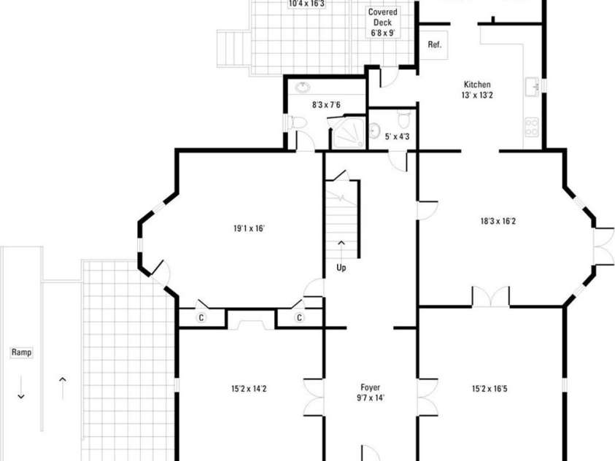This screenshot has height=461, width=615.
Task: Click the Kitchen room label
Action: pos(477,85)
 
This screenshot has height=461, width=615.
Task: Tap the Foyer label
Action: pos(371,388)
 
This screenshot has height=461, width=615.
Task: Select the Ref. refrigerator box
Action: pos(434,45)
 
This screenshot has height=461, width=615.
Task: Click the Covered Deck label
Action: pos(382,18)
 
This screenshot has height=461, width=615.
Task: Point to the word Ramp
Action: pos(22,352)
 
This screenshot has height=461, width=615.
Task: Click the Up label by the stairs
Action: pos(341,268)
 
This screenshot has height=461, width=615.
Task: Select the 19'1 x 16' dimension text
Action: pos(249,228)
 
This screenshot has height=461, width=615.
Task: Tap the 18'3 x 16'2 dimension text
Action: pos(498,221)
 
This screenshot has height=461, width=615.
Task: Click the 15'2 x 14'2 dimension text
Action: pos(249,389)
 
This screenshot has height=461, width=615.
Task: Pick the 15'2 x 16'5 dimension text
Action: pos(490,389)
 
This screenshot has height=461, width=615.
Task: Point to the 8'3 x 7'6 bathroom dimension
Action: pos(326,105)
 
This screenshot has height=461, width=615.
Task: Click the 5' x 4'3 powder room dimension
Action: pos(397,136)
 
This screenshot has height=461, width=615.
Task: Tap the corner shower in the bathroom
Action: pos(349,133)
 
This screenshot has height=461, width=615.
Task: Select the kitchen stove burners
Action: pos(532,127)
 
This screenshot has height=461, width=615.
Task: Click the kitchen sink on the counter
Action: pos(533,86)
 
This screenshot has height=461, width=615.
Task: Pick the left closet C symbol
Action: pos(201,317)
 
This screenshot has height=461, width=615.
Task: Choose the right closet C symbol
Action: pos(299,317)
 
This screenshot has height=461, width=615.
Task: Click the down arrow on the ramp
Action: pos(21,387)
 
